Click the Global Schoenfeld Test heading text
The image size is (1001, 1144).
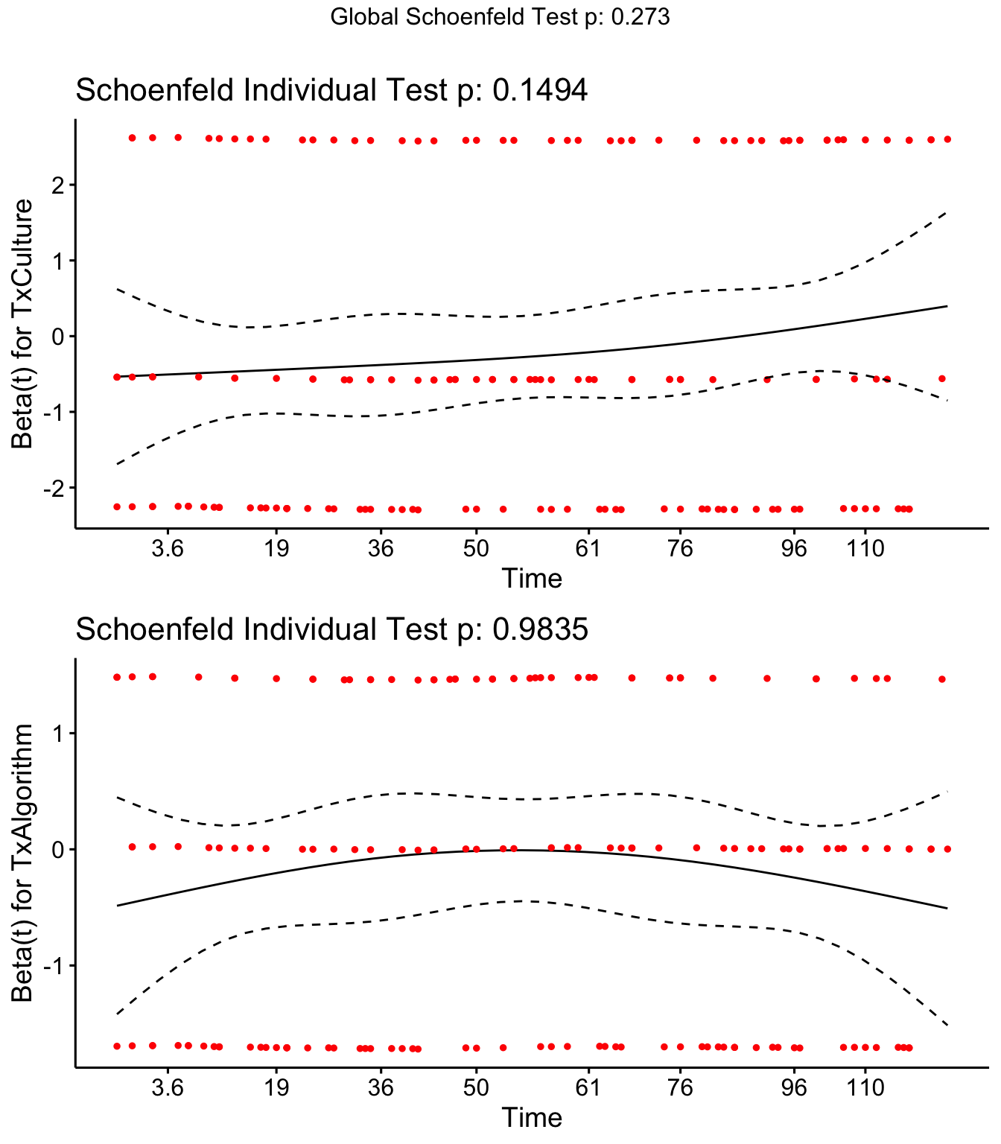pyautogui.click(x=500, y=17)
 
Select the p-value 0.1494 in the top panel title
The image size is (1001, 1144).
pyautogui.click(x=540, y=91)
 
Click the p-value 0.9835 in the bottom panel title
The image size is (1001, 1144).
pyautogui.click(x=540, y=630)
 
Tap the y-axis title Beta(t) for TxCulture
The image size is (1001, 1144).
pyautogui.click(x=22, y=323)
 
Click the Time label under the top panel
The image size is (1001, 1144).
pyautogui.click(x=531, y=579)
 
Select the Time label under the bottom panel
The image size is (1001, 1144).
pyautogui.click(x=531, y=1117)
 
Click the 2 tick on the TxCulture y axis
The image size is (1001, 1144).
pyautogui.click(x=57, y=185)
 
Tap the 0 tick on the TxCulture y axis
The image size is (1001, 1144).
pyautogui.click(x=57, y=337)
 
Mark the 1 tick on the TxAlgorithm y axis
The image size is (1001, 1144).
pyautogui.click(x=57, y=734)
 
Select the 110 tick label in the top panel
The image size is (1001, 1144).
pyautogui.click(x=865, y=550)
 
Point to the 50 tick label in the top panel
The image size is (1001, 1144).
pyautogui.click(x=476, y=550)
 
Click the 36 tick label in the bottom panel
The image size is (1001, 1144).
pyautogui.click(x=381, y=1088)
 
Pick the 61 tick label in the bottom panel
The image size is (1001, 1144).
pyautogui.click(x=588, y=1088)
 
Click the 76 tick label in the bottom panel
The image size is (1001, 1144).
pyautogui.click(x=680, y=1088)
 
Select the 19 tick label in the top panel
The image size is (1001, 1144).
pyautogui.click(x=276, y=550)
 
